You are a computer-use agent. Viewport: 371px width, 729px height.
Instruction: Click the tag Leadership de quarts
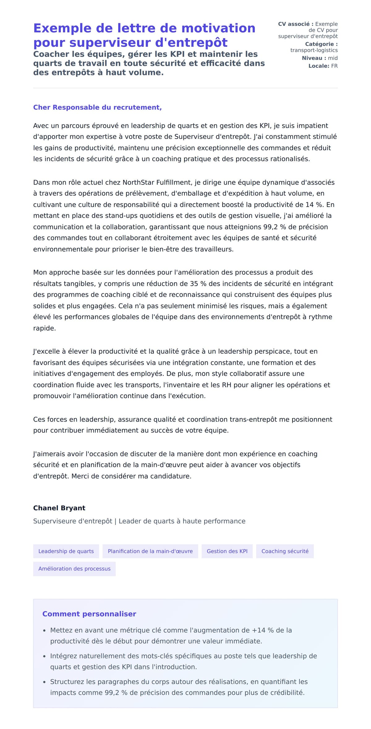tap(66, 551)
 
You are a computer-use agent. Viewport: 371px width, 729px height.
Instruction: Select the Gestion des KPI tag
tap(227, 551)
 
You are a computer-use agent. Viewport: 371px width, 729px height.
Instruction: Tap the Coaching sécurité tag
tap(285, 551)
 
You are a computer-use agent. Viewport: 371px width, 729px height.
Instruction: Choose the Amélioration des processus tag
tap(74, 569)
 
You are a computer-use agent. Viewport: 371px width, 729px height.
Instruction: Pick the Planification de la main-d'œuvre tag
tap(150, 551)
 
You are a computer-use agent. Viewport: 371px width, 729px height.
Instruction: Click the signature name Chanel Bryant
tap(59, 508)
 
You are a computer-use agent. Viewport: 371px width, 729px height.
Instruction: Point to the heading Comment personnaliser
tap(89, 614)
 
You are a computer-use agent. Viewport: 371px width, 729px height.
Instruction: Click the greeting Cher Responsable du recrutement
tap(97, 107)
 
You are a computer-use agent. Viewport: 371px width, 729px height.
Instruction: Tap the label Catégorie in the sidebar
tap(321, 44)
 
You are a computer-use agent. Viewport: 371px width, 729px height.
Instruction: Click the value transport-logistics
tap(314, 50)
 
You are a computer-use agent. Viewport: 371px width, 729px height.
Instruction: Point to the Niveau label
tap(314, 58)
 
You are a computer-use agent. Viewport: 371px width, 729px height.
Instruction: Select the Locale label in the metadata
tap(319, 66)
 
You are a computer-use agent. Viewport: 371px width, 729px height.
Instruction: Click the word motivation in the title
tap(218, 28)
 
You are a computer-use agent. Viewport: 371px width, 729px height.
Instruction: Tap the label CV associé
tap(295, 24)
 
